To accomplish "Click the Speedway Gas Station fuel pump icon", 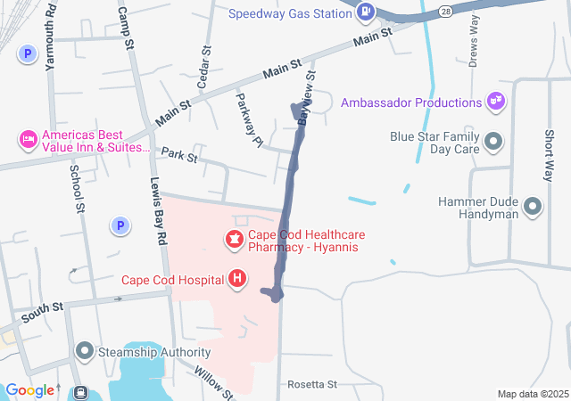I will point(366,12).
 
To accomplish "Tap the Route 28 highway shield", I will point(444,9).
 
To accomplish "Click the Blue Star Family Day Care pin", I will point(492,141).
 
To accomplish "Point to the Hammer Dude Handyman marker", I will point(533,208).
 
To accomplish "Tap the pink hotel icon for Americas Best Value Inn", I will point(28,140).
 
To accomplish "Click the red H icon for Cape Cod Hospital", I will point(237,280).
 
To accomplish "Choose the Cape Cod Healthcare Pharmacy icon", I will point(234,239).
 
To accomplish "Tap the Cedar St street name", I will point(203,67).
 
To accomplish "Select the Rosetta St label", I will point(312,384).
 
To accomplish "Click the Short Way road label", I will point(550,148).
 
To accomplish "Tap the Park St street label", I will point(178,156).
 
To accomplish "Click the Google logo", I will point(29,390).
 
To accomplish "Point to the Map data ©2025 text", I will point(533,394).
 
